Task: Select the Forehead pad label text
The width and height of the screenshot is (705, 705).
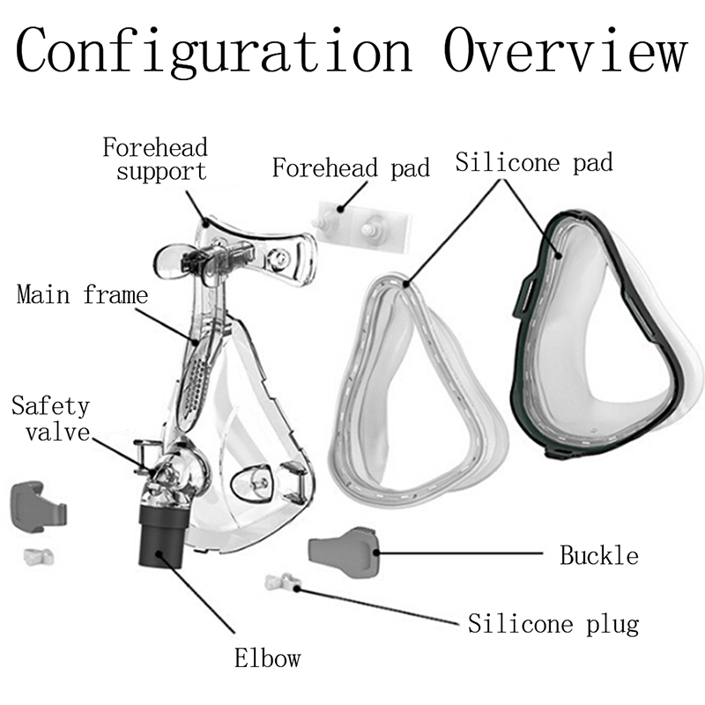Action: (351, 167)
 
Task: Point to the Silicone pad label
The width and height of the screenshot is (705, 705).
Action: (534, 162)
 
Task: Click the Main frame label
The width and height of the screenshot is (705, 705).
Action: (82, 293)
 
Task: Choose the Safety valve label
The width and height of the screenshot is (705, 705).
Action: (50, 419)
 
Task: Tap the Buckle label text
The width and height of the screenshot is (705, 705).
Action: (599, 555)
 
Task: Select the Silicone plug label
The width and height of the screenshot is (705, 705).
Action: (553, 624)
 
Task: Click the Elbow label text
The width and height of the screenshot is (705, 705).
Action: (267, 657)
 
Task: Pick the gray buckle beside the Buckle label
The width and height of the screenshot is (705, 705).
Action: (344, 550)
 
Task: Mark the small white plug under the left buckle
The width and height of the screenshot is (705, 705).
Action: (35, 556)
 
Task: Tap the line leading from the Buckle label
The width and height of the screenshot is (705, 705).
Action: (458, 553)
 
